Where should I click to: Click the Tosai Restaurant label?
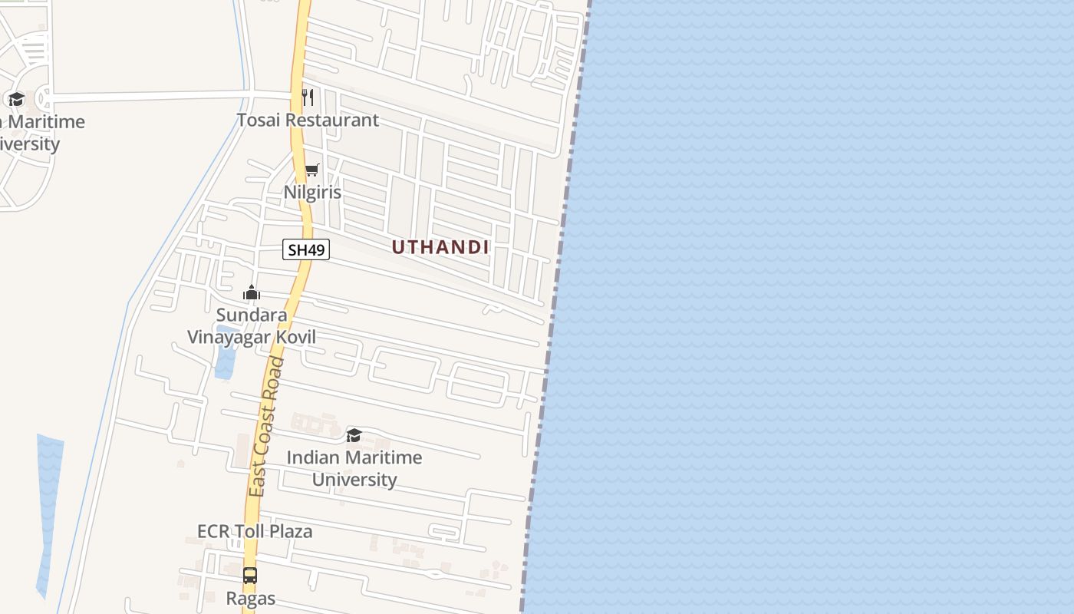coord(308,120)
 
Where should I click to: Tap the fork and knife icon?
coord(308,97)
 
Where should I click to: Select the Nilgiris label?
coord(312,192)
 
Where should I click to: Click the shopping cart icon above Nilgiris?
coord(311,170)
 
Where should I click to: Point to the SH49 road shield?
coord(306,250)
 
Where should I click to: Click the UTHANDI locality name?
coord(440,247)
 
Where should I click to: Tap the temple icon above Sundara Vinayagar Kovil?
coord(252,292)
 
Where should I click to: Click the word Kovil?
coord(295,337)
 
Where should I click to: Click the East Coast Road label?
coord(266,426)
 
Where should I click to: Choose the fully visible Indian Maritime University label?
coord(354,468)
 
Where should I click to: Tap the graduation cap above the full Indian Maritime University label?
coord(354,436)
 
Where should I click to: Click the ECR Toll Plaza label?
coord(255,531)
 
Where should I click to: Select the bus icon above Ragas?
coord(250,576)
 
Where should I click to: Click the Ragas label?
coord(250,598)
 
